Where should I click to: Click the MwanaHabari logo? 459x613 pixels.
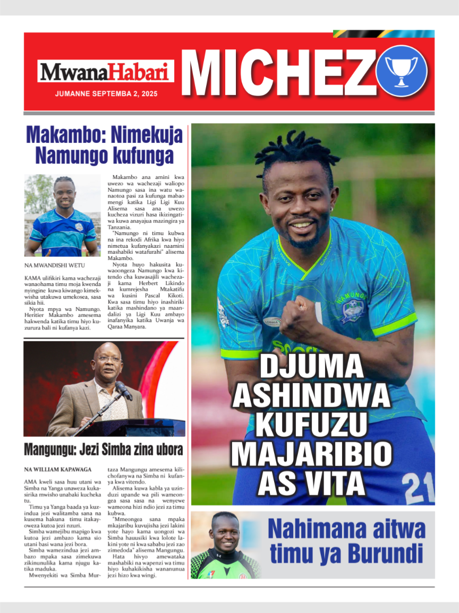coord(105,72)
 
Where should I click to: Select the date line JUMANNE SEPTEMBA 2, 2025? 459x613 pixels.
coord(106,93)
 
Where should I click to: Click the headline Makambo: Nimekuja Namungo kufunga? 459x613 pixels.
coord(104,144)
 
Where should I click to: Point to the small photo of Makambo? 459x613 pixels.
coord(63,215)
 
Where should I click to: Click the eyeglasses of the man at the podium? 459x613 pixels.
coord(109,359)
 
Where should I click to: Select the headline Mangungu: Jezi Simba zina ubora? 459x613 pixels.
coord(104,450)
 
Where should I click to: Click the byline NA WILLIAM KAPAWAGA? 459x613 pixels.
coord(58,469)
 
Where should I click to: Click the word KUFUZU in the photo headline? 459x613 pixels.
coord(311,426)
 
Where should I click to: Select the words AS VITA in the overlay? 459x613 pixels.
coord(311,484)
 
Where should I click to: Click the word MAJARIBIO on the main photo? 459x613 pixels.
coord(311,455)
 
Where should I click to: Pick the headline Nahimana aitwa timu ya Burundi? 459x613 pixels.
coord(346,541)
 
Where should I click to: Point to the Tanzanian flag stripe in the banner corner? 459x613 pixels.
coord(384,34)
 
